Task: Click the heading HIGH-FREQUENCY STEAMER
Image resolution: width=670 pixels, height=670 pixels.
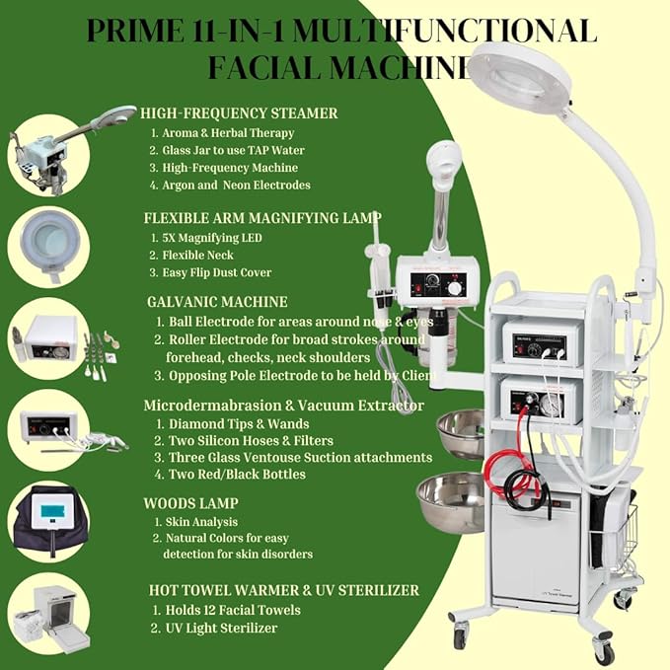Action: click(x=240, y=113)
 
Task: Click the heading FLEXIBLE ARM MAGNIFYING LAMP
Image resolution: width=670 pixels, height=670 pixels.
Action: click(x=262, y=217)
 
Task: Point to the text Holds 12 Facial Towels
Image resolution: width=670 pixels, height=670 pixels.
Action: click(x=228, y=609)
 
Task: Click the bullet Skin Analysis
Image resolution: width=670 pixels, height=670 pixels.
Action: click(x=199, y=521)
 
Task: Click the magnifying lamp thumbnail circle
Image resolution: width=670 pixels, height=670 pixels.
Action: click(x=49, y=246)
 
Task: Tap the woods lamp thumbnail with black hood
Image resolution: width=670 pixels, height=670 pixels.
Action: click(x=49, y=519)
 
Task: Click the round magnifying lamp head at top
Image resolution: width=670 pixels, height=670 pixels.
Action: click(x=519, y=79)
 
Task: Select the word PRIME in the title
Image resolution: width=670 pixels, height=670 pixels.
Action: click(x=130, y=31)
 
